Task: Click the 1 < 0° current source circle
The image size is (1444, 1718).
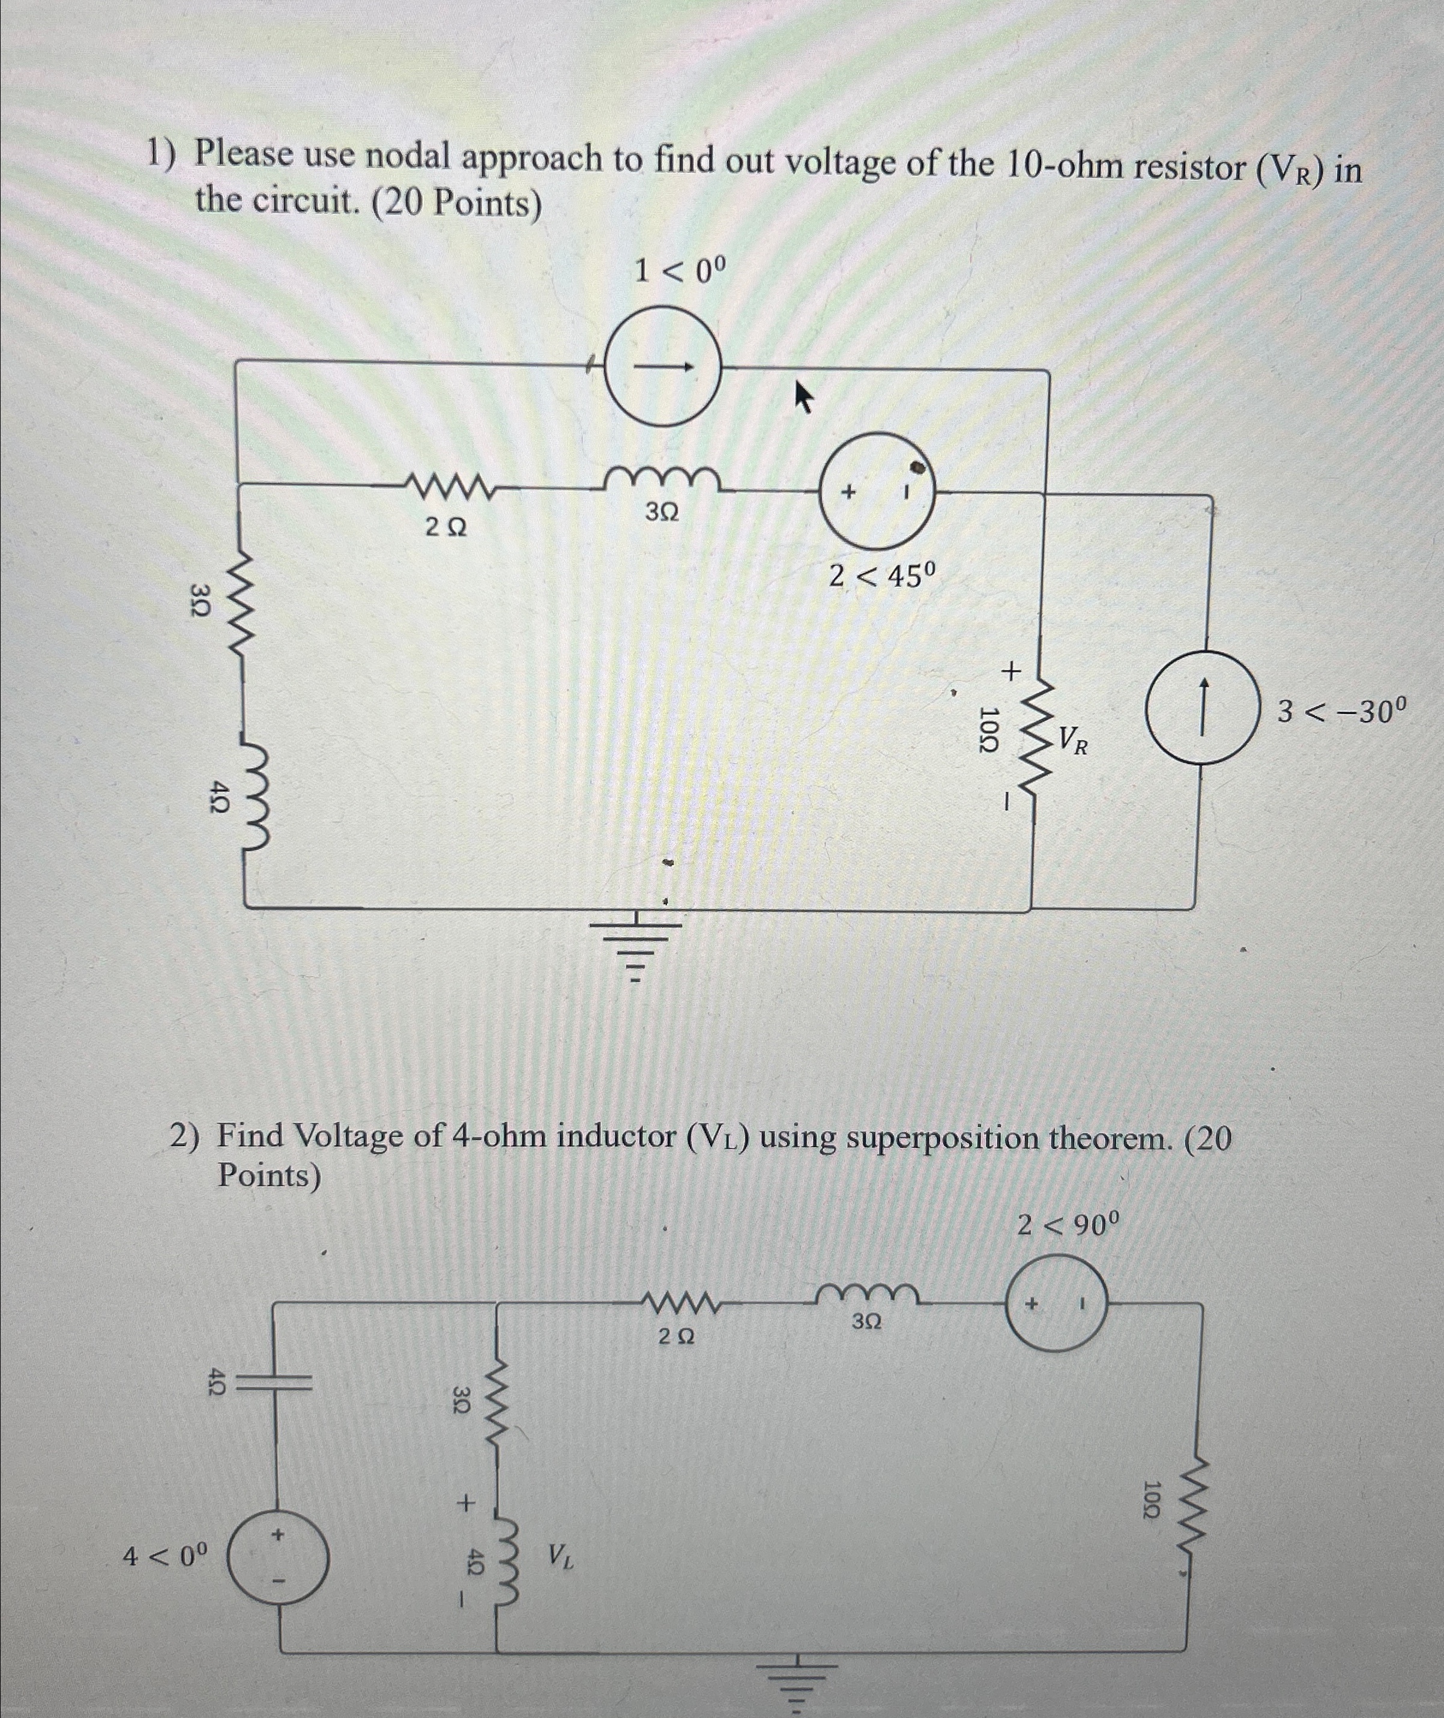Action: pos(663,365)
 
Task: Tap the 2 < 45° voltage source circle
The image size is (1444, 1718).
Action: pos(877,491)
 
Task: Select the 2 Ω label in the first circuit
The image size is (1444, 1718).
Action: pos(446,528)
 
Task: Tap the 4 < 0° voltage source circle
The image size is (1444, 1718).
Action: pos(279,1558)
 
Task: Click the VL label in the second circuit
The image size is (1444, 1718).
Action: pos(561,1555)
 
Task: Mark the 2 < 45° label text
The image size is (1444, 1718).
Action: pos(881,577)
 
